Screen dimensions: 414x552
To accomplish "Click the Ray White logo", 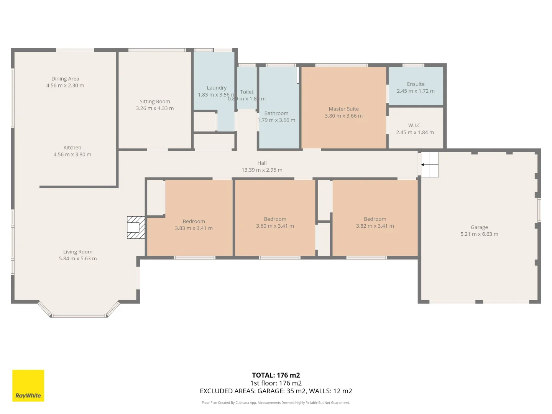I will click(28, 385).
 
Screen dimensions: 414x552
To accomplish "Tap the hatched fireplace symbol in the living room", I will click(136, 227).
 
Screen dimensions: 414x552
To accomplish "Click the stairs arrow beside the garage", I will click(429, 165).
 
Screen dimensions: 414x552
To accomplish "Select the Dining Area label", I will click(65, 79).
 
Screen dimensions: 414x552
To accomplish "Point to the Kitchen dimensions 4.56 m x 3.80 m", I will click(72, 154).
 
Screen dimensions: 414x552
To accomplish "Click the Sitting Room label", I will click(154, 102).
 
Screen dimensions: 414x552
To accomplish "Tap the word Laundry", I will click(217, 88).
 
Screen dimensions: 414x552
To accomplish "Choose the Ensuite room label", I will click(416, 84).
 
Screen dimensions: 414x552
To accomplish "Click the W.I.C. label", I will click(415, 125).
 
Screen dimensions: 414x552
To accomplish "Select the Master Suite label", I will click(343, 109).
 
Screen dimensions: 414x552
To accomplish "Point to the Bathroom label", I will click(276, 113).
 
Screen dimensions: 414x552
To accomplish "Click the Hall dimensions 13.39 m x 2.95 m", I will click(262, 170).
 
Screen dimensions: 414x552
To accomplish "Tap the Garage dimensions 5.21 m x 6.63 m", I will click(479, 234).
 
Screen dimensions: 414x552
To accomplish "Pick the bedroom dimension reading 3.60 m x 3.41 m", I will click(275, 226).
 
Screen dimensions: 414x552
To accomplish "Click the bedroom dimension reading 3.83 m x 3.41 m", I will click(194, 228).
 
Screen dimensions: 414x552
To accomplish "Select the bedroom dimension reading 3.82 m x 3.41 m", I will click(375, 226).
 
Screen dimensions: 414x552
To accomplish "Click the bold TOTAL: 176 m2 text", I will click(276, 375).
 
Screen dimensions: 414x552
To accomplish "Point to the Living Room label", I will click(78, 252).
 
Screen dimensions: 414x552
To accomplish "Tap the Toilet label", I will click(247, 92).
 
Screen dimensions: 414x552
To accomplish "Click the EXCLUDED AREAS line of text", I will click(276, 391).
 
